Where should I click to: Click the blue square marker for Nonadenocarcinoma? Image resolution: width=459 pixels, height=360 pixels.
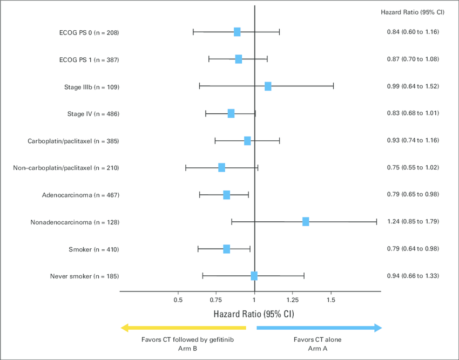[x=306, y=221]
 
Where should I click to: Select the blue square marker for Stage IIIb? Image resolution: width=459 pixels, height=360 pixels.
[x=268, y=86]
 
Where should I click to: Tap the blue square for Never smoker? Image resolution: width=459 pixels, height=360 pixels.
[x=254, y=276]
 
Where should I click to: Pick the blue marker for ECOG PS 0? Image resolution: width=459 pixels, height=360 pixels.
[x=237, y=32]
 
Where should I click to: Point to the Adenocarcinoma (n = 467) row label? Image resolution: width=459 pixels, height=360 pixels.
[x=80, y=194]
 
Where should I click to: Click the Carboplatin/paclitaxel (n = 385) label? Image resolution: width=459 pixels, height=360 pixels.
[x=73, y=141]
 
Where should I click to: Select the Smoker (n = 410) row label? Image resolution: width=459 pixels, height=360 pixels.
[x=93, y=249]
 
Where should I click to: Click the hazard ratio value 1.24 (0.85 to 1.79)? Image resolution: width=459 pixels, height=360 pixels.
[x=413, y=221]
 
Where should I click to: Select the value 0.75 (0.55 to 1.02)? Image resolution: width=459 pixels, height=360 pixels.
[x=413, y=167]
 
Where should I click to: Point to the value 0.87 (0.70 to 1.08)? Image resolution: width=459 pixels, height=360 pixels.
[x=413, y=59]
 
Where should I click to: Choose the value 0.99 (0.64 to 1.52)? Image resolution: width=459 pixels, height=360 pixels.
[x=413, y=86]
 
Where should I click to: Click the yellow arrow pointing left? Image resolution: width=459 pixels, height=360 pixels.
[x=183, y=328]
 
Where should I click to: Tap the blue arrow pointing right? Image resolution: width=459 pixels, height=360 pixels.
[x=319, y=328]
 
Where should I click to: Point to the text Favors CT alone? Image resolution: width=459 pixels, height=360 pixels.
[x=318, y=339]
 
